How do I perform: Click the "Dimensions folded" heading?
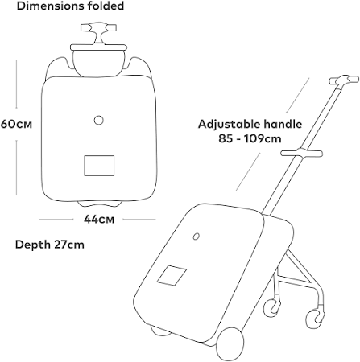70,6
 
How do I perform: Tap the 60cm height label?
16,124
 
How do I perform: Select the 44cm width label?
99,220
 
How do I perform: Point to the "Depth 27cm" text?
50,245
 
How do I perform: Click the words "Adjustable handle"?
250,124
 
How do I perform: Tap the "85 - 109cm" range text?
250,138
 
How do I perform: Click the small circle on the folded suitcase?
99,120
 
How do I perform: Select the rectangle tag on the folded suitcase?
99,166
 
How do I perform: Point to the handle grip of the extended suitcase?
345,80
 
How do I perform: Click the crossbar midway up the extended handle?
301,153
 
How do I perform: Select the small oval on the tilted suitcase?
197,237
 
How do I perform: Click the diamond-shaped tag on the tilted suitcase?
172,275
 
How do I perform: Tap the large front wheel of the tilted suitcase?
230,344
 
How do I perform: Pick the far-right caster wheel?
315,319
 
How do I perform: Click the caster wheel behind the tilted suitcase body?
272,307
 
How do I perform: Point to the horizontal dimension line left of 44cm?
56,220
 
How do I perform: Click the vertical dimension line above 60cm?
16,84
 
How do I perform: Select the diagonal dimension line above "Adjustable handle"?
298,95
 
